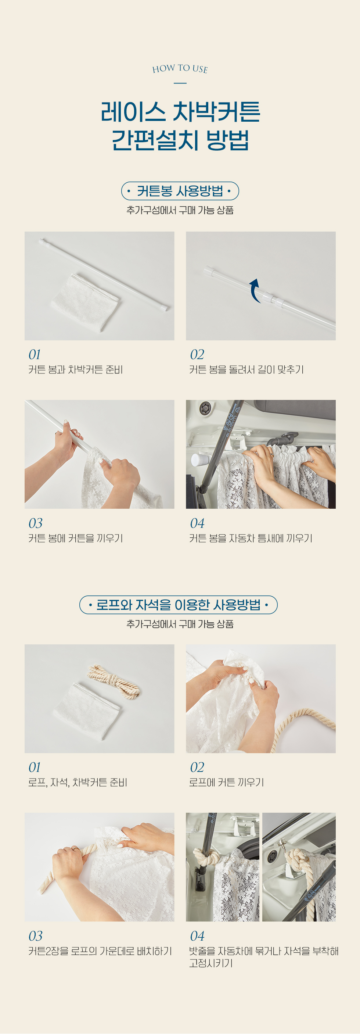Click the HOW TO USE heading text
click(x=180, y=69)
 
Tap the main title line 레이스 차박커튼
click(x=180, y=112)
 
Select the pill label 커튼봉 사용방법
click(x=180, y=191)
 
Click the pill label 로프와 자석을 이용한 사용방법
click(x=179, y=605)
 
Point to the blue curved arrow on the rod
click(x=253, y=290)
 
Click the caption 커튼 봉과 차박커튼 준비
click(x=75, y=369)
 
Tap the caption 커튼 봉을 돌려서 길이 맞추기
click(x=246, y=369)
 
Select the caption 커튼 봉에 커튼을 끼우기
click(x=75, y=538)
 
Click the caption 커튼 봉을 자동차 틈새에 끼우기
click(x=251, y=538)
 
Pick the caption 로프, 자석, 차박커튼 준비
click(x=78, y=782)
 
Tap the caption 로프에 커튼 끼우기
click(x=226, y=782)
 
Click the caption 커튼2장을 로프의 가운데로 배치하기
click(x=100, y=951)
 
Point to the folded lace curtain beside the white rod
click(x=85, y=302)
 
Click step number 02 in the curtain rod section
click(x=197, y=354)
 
